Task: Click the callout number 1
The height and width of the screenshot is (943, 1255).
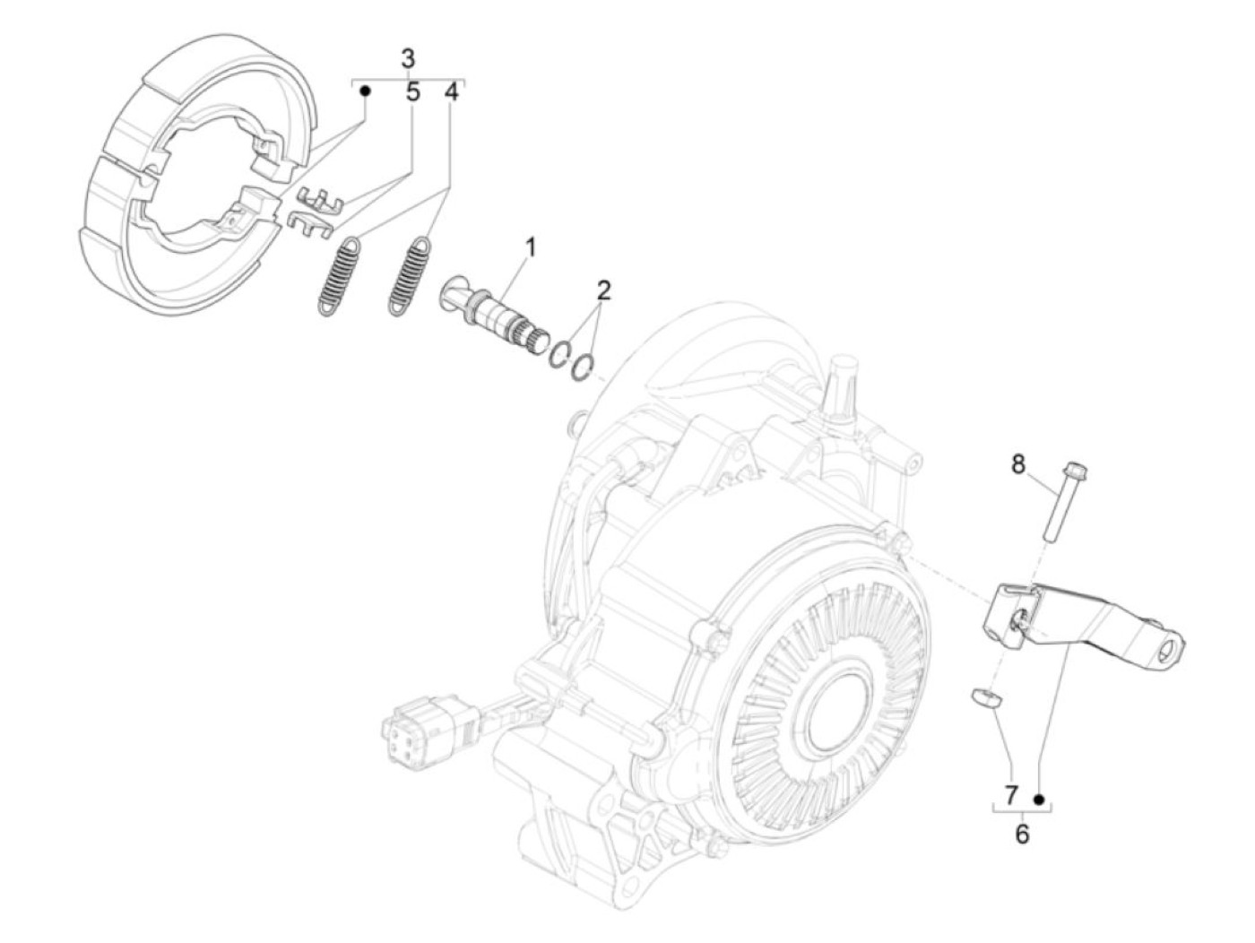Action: point(531,246)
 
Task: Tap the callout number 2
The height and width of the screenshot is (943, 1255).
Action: point(603,290)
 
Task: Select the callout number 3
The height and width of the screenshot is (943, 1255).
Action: point(408,59)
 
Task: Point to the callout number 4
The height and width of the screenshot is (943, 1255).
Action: point(451,91)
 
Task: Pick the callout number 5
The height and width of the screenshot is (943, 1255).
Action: point(412,91)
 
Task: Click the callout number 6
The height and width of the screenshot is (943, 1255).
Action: point(1022,834)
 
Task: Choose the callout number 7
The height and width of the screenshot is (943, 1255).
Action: point(1010,795)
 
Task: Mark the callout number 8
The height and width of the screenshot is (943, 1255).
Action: point(1017,464)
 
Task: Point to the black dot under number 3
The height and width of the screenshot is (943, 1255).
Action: point(366,91)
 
